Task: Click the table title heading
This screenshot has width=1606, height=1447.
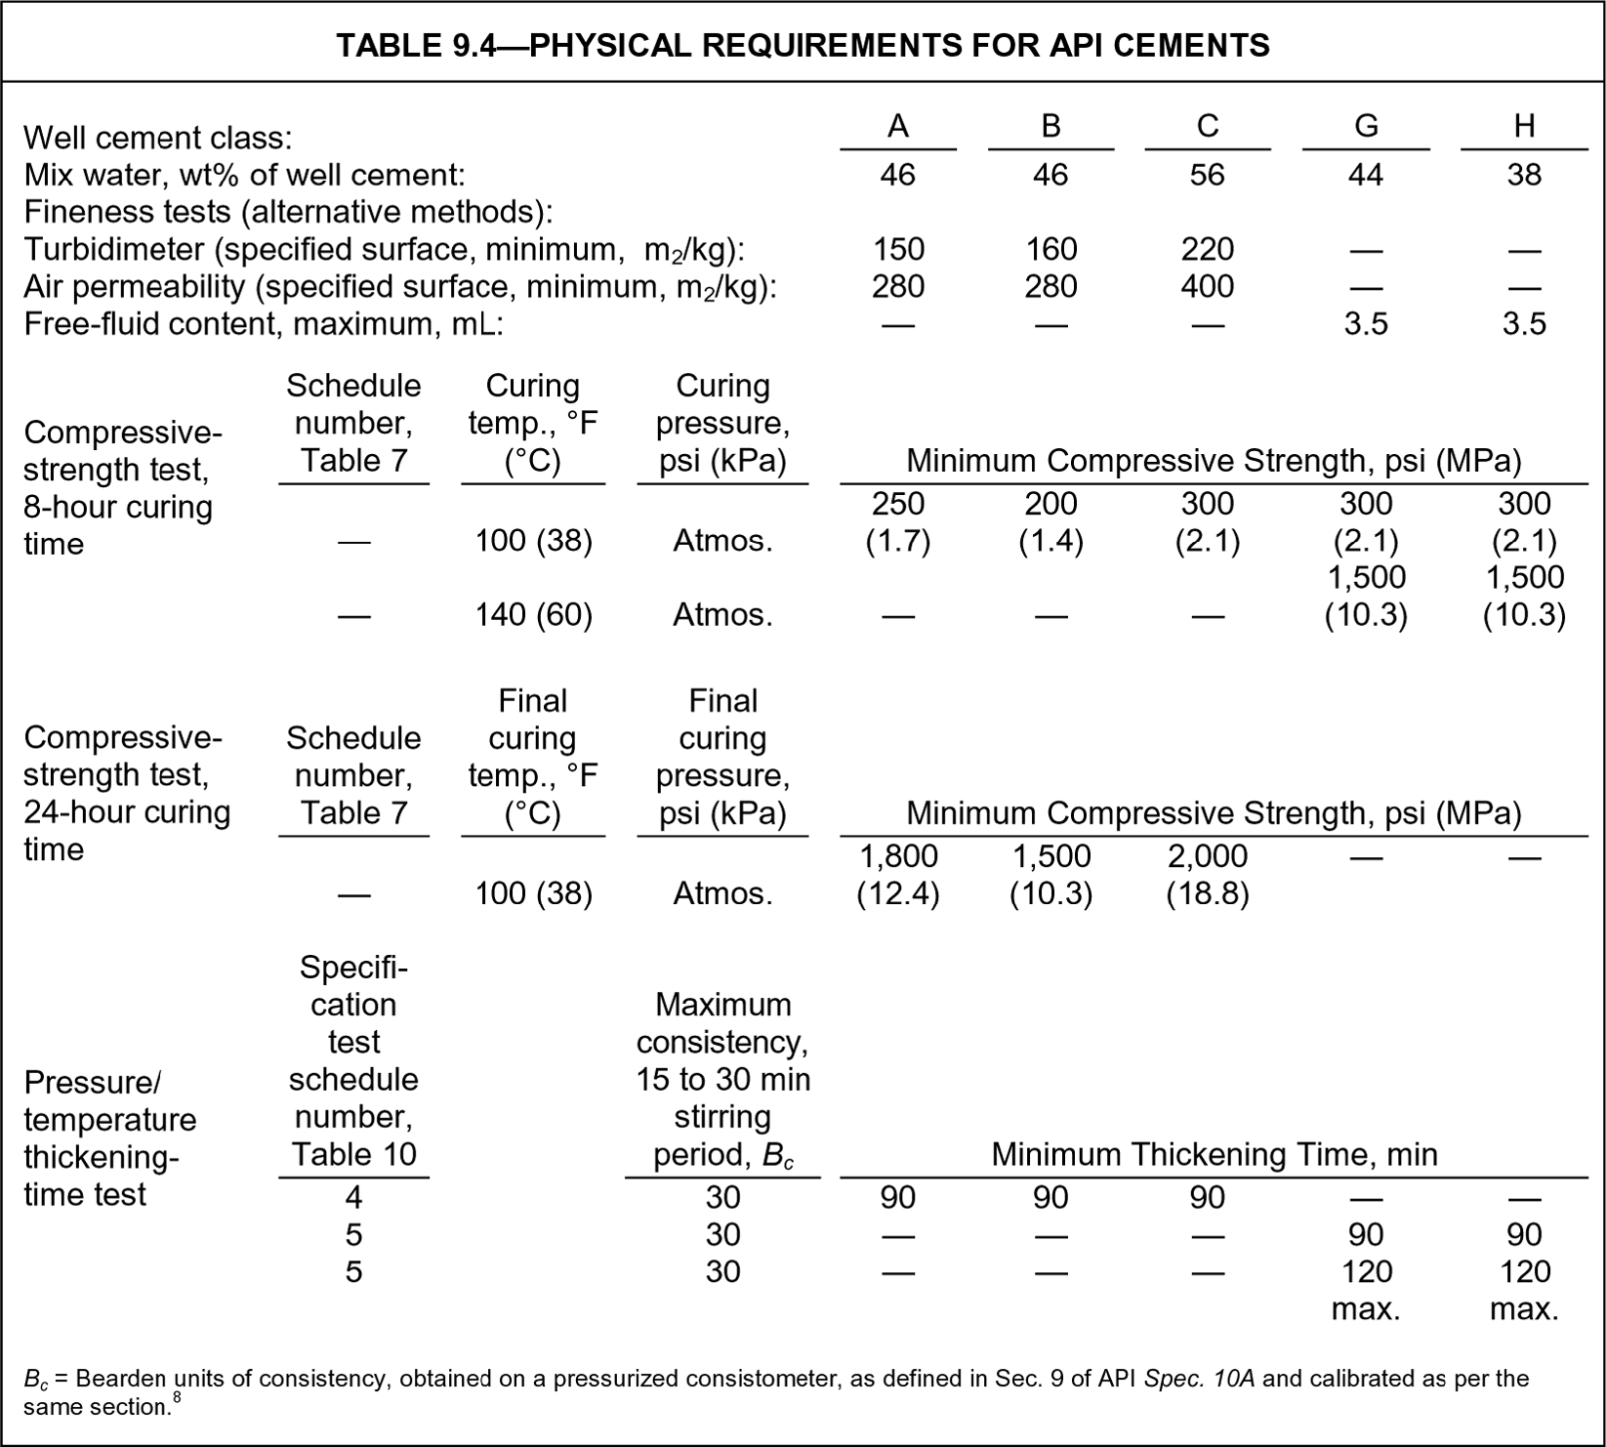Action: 803,45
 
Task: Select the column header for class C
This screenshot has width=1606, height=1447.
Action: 1207,126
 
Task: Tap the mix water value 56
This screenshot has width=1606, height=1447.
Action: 1207,175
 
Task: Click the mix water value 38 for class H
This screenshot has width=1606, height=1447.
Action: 1523,175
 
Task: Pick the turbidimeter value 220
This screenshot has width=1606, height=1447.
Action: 1207,249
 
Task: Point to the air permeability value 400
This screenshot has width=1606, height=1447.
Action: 1207,286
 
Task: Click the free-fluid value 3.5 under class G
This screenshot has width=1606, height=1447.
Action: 1365,323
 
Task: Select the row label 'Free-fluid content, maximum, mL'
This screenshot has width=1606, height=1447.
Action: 264,323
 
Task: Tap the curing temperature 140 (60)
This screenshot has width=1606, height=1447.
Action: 533,615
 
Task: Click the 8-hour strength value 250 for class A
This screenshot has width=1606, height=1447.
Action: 897,504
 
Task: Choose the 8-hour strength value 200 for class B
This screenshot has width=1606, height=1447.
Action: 1050,504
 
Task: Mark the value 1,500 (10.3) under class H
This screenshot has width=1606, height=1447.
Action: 1524,596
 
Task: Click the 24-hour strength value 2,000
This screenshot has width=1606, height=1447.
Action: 1207,856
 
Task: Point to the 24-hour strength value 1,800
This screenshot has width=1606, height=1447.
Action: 897,856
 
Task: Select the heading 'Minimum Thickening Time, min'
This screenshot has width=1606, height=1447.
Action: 1214,1155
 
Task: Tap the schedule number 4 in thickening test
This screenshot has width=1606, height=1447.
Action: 353,1198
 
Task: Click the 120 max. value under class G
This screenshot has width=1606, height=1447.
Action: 1366,1289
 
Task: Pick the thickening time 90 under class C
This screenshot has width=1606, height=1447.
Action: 1207,1198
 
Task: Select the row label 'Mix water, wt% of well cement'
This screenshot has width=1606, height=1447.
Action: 244,175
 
